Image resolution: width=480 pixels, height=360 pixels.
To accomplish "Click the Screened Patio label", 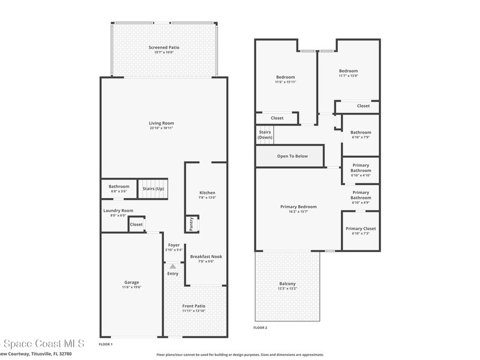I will click(x=164, y=47).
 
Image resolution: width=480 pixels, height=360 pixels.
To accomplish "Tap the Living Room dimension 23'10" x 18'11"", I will click(x=161, y=128).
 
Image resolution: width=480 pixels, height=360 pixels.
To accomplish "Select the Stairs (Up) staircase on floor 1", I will click(x=153, y=189).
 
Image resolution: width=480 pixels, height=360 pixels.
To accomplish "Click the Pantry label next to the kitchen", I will click(x=191, y=224).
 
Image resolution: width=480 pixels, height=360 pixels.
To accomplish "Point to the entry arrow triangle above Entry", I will click(x=172, y=266).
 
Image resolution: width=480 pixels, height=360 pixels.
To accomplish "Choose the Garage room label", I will click(x=131, y=282).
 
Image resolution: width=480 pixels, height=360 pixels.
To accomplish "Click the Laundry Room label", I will click(x=118, y=211).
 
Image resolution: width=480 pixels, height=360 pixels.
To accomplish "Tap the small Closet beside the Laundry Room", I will click(x=136, y=225).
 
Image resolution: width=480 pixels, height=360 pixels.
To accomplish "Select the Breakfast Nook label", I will click(x=206, y=256).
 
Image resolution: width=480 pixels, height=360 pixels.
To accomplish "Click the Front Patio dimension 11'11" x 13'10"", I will click(x=194, y=311).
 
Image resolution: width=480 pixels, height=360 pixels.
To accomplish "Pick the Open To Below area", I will click(x=292, y=156).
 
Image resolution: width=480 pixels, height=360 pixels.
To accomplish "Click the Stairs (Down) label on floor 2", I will click(x=265, y=135).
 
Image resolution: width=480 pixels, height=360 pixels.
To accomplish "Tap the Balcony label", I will click(x=287, y=284).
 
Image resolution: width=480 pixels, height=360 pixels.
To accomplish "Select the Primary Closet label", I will click(x=360, y=229).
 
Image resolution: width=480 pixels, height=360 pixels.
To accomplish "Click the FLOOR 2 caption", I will click(x=260, y=328).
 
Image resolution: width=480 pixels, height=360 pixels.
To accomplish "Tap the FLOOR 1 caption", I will click(x=105, y=344).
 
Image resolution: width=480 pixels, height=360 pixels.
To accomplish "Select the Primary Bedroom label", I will click(x=298, y=207).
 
